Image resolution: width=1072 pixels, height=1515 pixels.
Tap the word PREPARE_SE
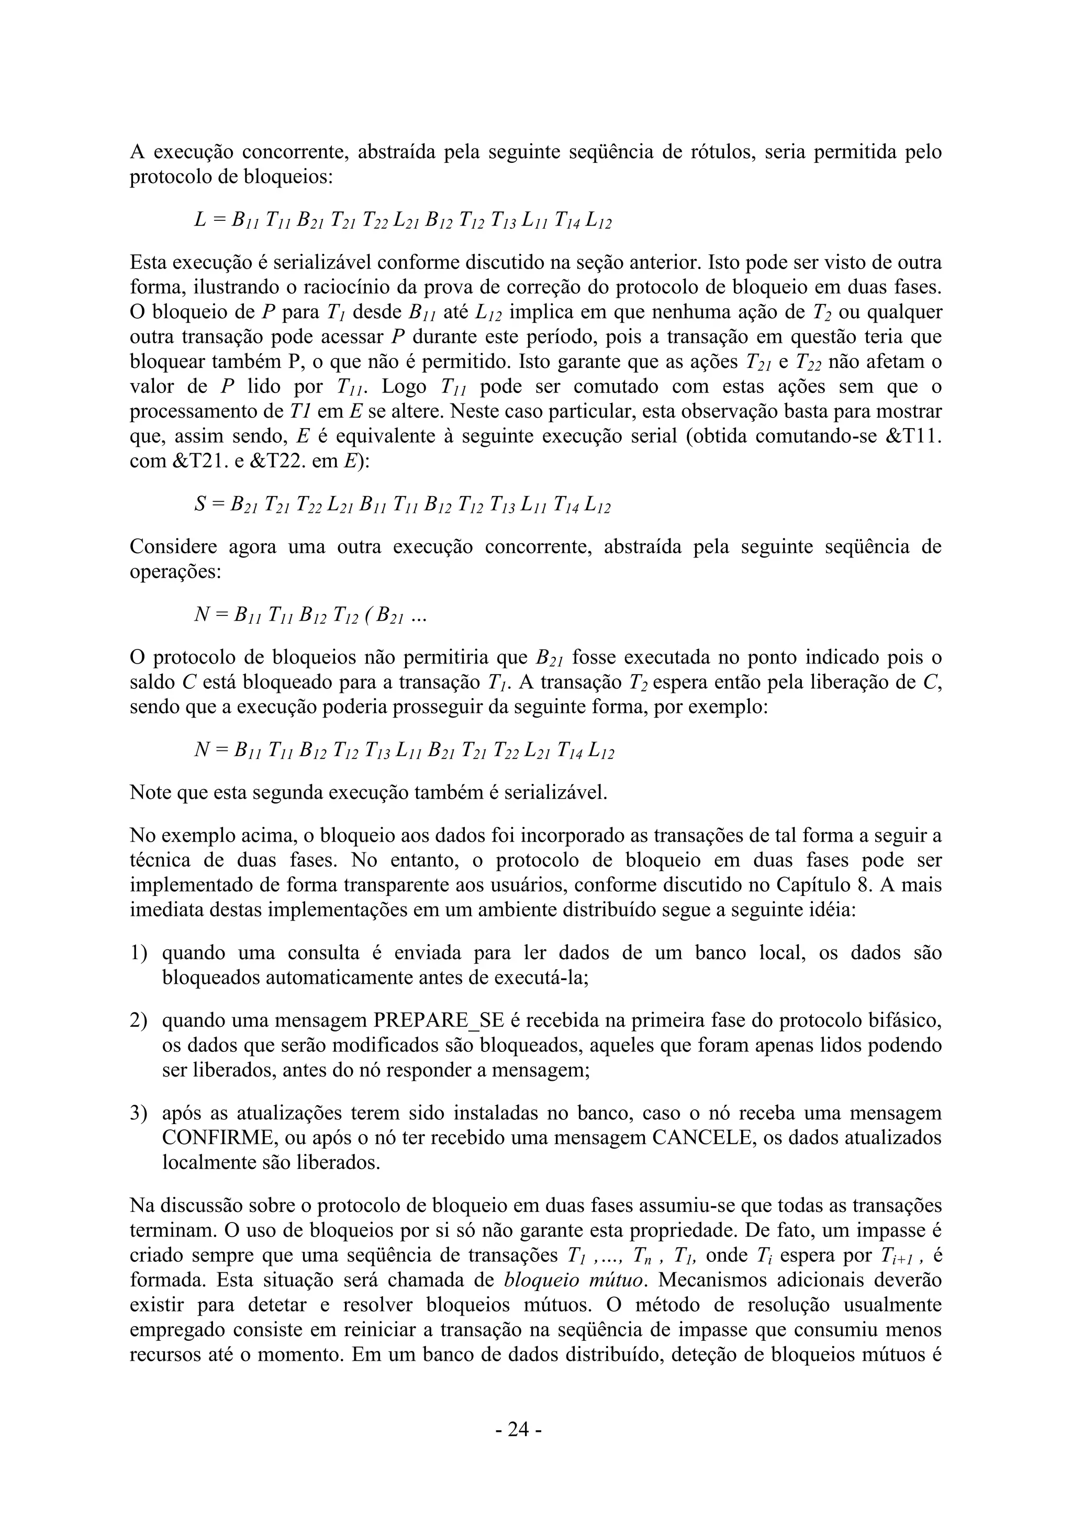click(x=438, y=1021)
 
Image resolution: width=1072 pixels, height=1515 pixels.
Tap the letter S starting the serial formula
click(x=200, y=506)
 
